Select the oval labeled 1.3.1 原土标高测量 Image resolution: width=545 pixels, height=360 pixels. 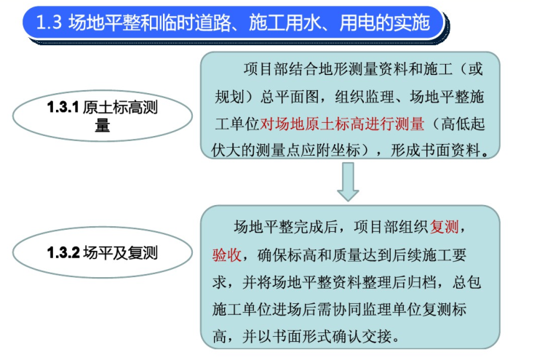[x=103, y=116]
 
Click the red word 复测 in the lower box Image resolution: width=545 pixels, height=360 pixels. [x=445, y=228]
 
